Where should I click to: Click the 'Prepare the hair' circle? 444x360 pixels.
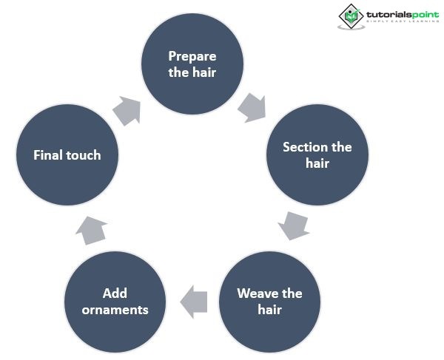(x=192, y=64)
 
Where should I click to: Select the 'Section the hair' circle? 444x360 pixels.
(x=317, y=154)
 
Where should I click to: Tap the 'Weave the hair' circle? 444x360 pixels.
(x=269, y=301)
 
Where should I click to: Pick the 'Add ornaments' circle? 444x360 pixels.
(x=115, y=301)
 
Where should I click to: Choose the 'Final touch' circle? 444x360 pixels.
(x=67, y=154)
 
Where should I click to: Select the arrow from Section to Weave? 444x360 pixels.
(x=295, y=225)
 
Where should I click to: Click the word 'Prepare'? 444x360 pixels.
(x=192, y=56)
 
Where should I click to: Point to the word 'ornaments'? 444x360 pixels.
(x=115, y=309)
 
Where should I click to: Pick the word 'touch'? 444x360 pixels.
(x=83, y=154)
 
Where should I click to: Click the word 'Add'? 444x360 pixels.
(x=115, y=293)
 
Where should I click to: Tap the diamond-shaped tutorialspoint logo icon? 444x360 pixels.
(x=351, y=16)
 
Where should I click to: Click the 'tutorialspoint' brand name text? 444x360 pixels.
(x=401, y=13)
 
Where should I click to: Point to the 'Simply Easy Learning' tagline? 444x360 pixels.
(x=401, y=22)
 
